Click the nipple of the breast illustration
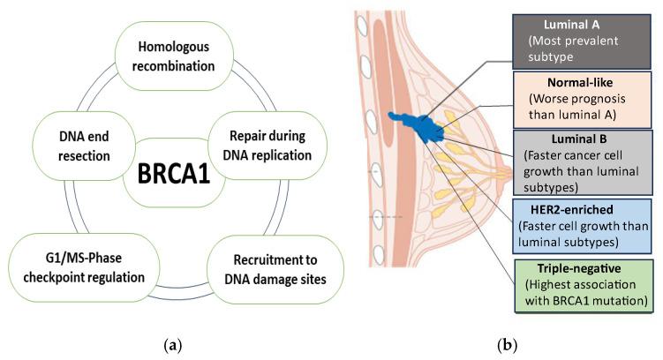pyautogui.click(x=506, y=169)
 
